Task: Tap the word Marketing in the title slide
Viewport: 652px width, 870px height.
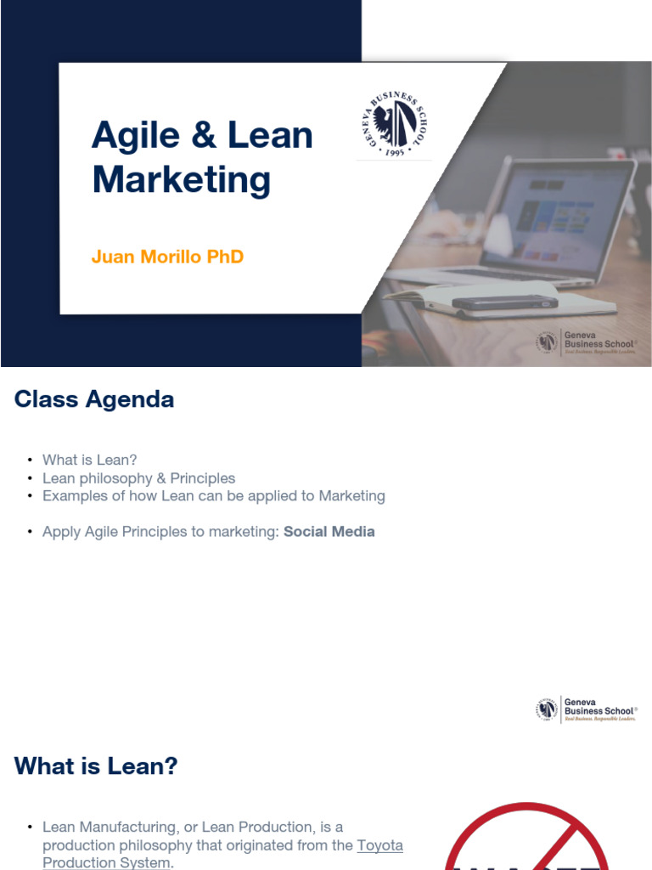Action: pyautogui.click(x=181, y=180)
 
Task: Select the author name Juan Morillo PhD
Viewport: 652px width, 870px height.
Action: pyautogui.click(x=167, y=257)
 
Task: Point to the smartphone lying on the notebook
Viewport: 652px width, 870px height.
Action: pyautogui.click(x=504, y=302)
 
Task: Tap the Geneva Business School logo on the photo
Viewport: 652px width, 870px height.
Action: pyautogui.click(x=586, y=342)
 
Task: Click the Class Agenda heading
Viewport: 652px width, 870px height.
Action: pyautogui.click(x=94, y=399)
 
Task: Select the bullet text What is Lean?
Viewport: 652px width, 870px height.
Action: pyautogui.click(x=90, y=460)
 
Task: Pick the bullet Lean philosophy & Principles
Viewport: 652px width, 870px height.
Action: pyautogui.click(x=138, y=478)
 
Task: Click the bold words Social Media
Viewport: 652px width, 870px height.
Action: pyautogui.click(x=329, y=532)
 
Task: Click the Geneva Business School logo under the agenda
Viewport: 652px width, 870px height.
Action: pyautogui.click(x=586, y=709)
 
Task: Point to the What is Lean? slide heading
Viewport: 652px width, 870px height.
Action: pyautogui.click(x=96, y=766)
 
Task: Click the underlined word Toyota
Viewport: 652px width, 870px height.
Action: pyautogui.click(x=379, y=845)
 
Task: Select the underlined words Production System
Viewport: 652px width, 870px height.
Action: pyautogui.click(x=106, y=862)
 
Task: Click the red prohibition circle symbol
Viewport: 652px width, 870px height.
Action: pyautogui.click(x=526, y=837)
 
